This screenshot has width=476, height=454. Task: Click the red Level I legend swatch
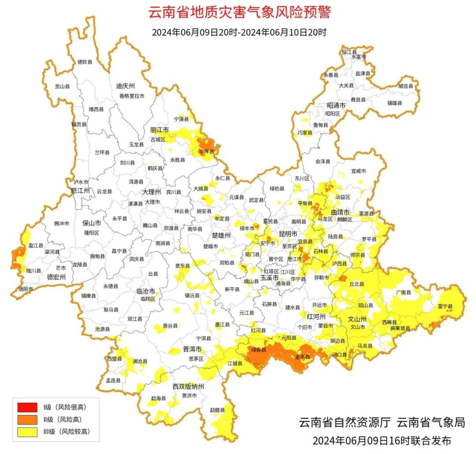coord(27,407)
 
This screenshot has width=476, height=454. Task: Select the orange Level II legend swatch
coord(27,420)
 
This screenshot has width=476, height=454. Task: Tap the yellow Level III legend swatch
coord(27,432)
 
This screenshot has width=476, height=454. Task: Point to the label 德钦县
coord(85,62)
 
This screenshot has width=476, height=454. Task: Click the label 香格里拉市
coord(131,96)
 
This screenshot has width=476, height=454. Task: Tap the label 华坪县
coord(206,151)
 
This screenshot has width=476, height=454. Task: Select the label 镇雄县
coord(394,103)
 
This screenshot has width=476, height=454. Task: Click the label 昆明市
coord(288,233)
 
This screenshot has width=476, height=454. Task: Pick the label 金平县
coord(302,356)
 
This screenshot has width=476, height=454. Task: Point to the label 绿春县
coord(259,350)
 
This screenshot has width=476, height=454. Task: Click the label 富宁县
coord(445,306)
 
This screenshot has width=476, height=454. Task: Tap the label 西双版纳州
coord(188,386)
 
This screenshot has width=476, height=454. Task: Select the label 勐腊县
coord(217,410)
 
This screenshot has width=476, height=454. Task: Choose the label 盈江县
coord(36,245)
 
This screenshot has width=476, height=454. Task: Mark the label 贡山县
coord(62,87)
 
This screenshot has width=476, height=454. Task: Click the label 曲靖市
coord(340,212)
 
